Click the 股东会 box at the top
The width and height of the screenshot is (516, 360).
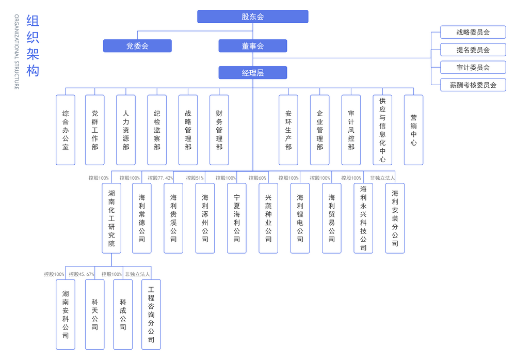pos(252,17)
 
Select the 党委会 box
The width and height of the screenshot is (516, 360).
pos(137,46)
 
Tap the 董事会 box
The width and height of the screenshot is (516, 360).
pos(252,46)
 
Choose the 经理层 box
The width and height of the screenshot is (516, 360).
pos(252,73)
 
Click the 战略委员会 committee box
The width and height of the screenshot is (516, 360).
pos(473,32)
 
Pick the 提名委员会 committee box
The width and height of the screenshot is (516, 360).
pos(473,50)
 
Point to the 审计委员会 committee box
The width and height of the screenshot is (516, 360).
pos(473,67)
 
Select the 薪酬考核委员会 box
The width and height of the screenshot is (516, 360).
pos(473,85)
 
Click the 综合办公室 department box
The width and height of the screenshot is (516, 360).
pos(66,130)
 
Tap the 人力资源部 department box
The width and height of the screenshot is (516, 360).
pos(126,130)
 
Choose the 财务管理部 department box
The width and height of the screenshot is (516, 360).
pos(219,130)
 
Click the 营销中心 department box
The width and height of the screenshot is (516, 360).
pos(413,130)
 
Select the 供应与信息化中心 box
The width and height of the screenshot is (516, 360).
pos(382,130)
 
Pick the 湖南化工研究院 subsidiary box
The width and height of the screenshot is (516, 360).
pos(111,218)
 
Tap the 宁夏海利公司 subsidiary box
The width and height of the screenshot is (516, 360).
pos(237,218)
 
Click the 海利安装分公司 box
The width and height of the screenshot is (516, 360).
pos(395,218)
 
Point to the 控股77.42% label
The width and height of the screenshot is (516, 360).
pos(160,178)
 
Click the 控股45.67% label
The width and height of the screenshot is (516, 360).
pos(82,274)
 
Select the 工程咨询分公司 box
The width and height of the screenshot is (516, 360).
pos(151,314)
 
